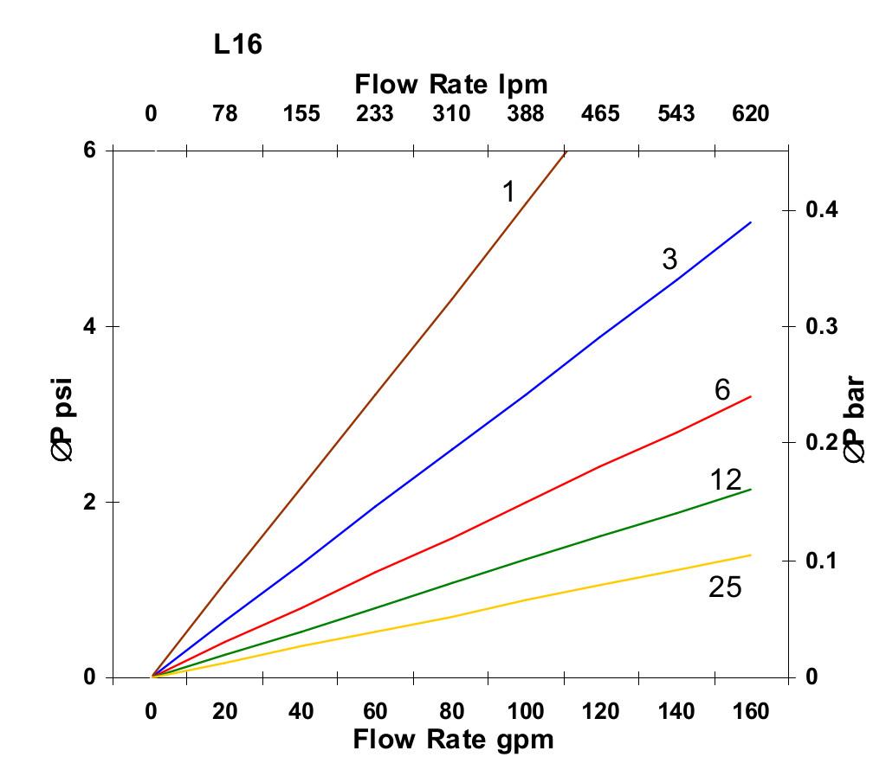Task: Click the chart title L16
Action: point(237,44)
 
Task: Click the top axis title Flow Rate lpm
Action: point(451,84)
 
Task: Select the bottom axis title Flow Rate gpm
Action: point(453,739)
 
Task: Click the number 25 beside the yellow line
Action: point(725,587)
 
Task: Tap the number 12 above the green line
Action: point(725,478)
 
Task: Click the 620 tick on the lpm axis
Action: point(750,113)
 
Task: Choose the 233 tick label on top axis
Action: point(375,113)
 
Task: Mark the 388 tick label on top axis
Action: point(525,113)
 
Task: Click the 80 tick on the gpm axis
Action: point(451,711)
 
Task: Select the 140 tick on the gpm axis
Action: point(676,711)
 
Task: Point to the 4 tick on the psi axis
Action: point(90,326)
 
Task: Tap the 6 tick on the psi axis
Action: point(90,150)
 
